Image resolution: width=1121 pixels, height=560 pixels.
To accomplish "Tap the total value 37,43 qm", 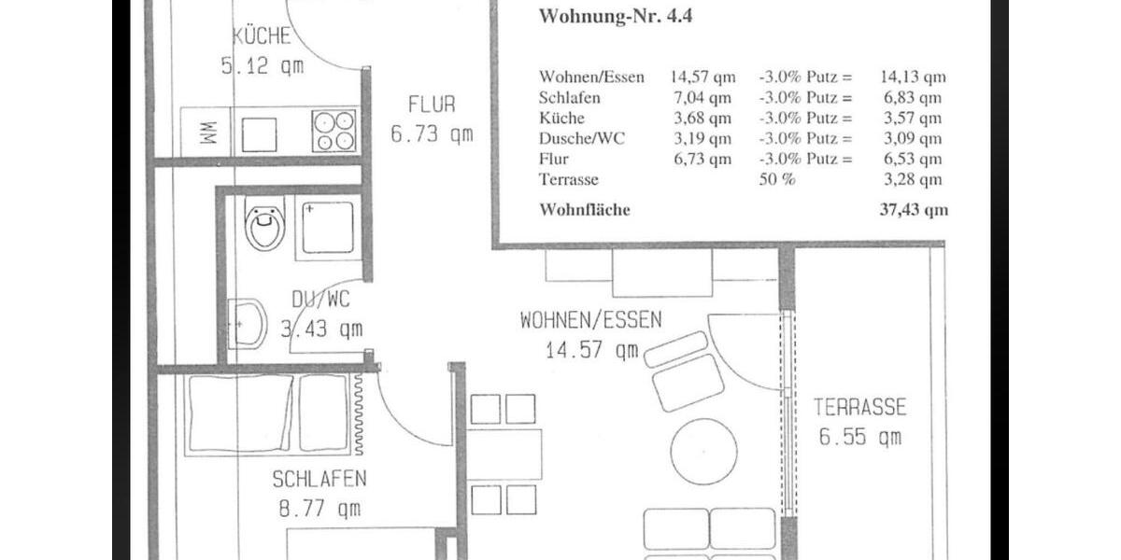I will click(x=913, y=210).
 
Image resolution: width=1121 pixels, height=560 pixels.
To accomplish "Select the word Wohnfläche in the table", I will click(x=585, y=210).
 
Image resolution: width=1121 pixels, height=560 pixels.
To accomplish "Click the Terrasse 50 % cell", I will click(x=776, y=179).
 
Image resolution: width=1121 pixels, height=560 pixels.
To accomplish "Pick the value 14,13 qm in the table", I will click(x=913, y=77).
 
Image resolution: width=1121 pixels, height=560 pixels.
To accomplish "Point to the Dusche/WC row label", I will click(x=582, y=139).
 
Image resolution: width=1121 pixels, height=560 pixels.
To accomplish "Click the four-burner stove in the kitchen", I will click(x=333, y=131).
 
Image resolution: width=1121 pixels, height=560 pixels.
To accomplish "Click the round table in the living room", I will click(x=702, y=452).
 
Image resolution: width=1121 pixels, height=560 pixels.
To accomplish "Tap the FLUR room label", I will click(x=432, y=105).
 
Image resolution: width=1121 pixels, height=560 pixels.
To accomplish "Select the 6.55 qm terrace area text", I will click(x=860, y=436).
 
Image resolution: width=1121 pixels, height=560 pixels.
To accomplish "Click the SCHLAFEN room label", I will click(x=319, y=480).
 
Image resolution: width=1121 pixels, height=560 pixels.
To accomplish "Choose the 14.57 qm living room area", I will click(x=591, y=350).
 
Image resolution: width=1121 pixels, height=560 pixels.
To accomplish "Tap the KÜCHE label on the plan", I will click(x=262, y=37).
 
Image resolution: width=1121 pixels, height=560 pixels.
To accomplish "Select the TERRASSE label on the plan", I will click(x=859, y=407).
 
